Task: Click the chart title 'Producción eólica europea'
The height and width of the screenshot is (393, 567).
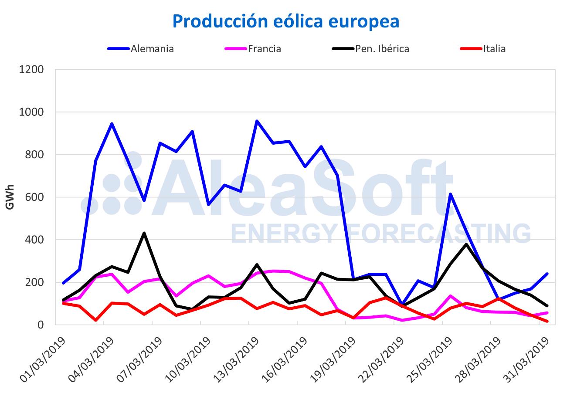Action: [x=285, y=21]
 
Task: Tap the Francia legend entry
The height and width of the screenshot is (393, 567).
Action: [x=264, y=49]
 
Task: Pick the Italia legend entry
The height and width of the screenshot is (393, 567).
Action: [x=494, y=49]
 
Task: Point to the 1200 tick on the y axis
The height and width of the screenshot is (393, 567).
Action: [x=31, y=70]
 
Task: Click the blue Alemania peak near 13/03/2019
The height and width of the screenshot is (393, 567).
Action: [x=257, y=121]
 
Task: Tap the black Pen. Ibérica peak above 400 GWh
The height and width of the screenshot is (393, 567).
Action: [x=144, y=233]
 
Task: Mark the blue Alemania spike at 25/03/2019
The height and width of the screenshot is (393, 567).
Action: [x=450, y=194]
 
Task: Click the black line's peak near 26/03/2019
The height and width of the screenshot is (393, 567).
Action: [x=466, y=244]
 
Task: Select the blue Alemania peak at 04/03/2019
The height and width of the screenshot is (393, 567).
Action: [x=112, y=124]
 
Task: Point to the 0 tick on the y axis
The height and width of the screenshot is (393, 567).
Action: [x=41, y=325]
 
